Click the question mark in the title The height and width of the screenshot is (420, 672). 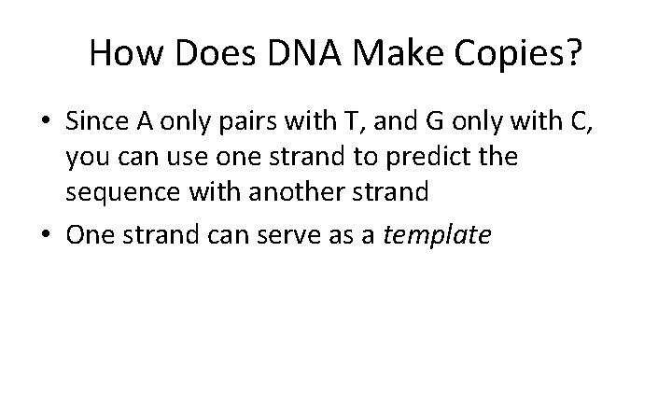click(571, 57)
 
